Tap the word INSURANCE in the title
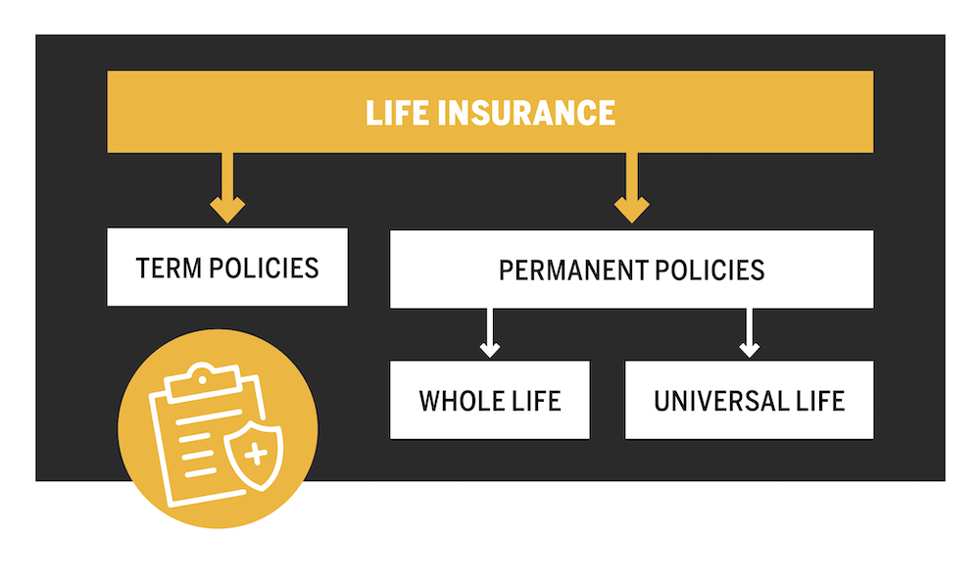click(x=527, y=113)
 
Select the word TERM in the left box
click(x=169, y=269)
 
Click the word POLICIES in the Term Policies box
click(x=264, y=269)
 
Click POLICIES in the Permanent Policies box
click(x=710, y=270)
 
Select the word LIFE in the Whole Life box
click(x=537, y=401)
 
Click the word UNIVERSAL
click(x=720, y=401)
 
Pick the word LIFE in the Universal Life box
click(x=820, y=401)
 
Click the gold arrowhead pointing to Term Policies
click(x=227, y=210)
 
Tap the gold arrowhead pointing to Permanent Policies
click(x=632, y=210)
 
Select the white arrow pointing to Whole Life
click(x=490, y=333)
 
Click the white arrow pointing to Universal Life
click(x=750, y=333)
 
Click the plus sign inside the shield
click(x=256, y=455)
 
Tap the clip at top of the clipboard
click(x=202, y=379)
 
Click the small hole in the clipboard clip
click(x=202, y=379)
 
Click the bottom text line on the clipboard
click(x=200, y=472)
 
